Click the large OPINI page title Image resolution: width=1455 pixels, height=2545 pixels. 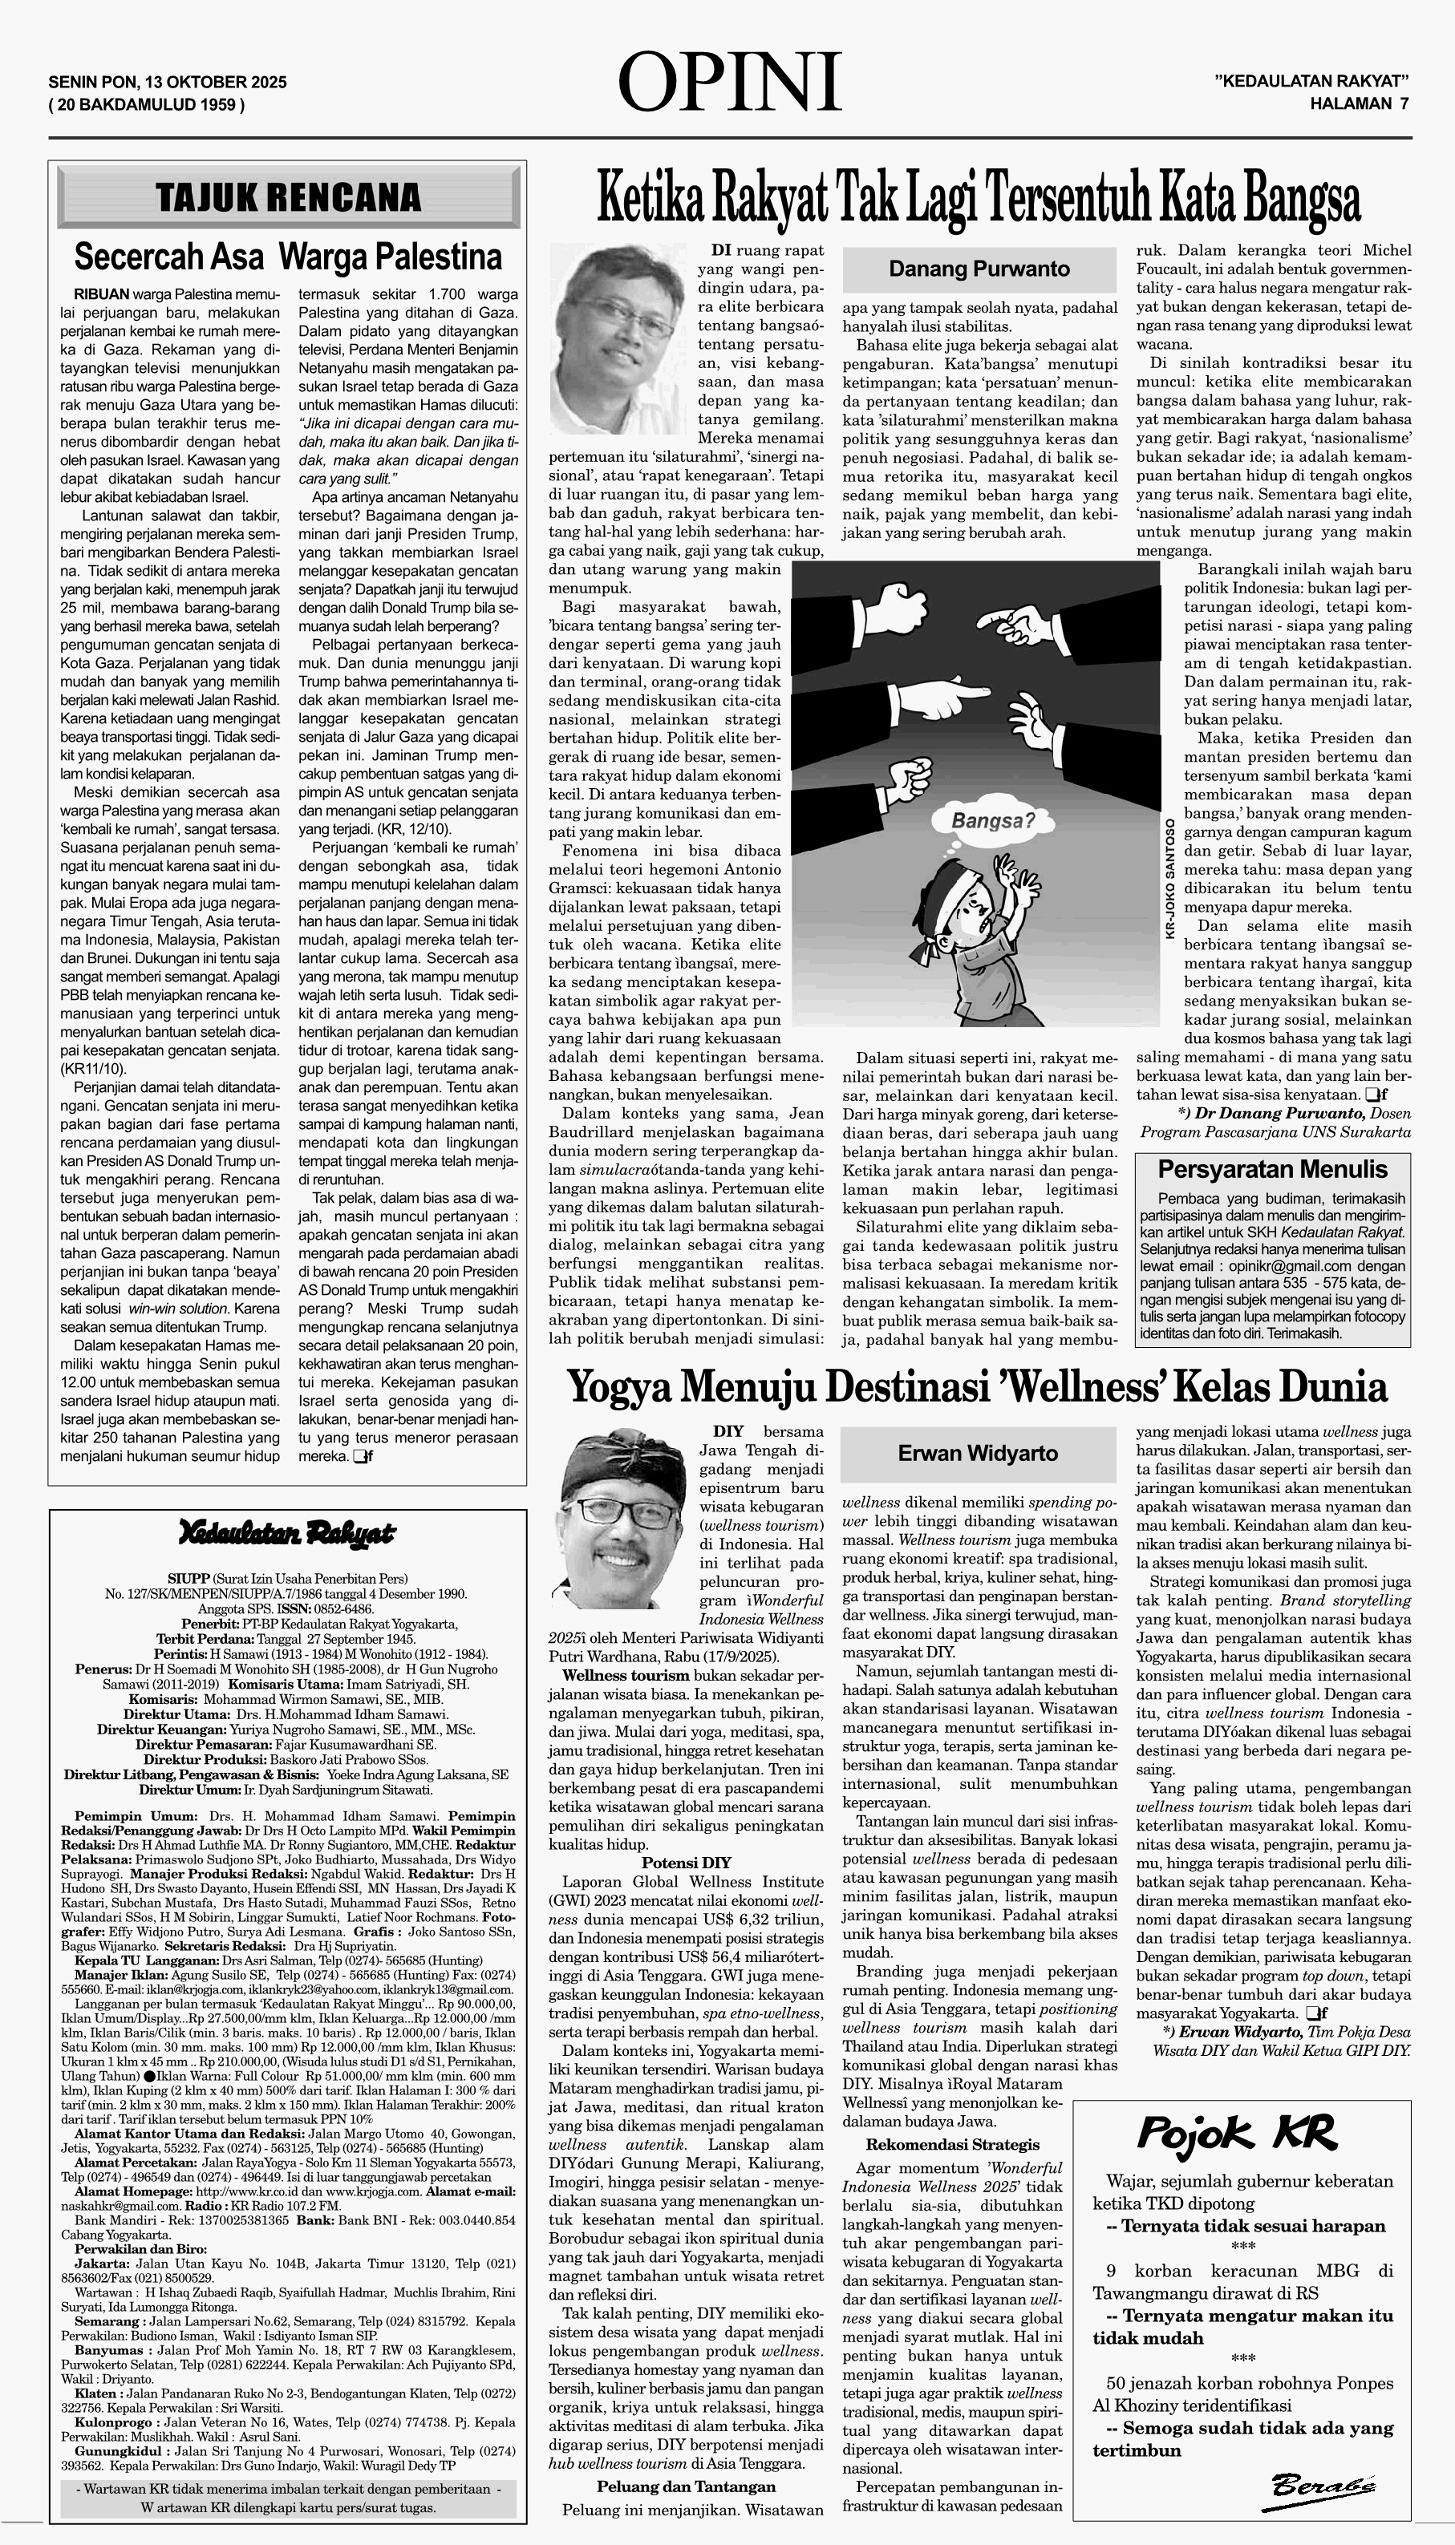[729, 83]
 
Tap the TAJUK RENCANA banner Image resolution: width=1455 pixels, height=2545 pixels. [289, 196]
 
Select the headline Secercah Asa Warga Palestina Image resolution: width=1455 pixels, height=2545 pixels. [288, 257]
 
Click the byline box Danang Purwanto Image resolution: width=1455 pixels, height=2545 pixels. [979, 269]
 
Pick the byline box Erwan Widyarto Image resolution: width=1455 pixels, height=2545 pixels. [976, 1453]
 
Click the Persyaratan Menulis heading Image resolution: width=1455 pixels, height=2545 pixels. [1272, 1168]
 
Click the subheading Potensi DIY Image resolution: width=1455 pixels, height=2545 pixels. [686, 1862]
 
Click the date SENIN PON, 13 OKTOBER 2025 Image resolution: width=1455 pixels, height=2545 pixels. [167, 82]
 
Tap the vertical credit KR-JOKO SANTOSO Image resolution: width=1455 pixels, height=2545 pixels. [1169, 879]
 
